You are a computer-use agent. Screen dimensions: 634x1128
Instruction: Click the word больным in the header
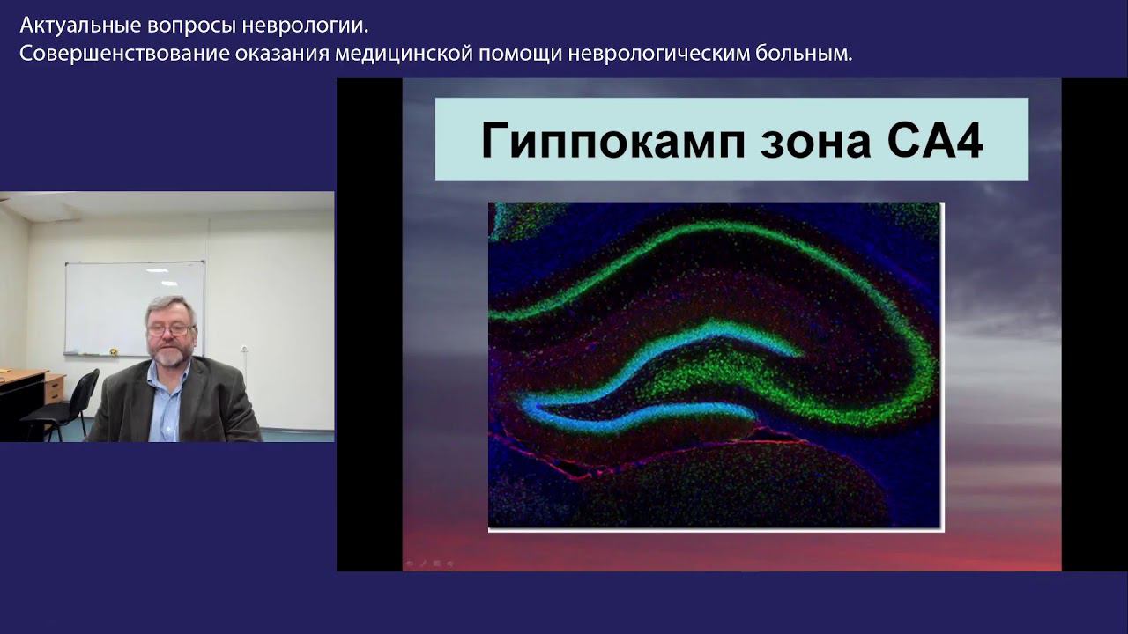(804, 54)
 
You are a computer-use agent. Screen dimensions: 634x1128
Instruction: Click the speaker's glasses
(171, 329)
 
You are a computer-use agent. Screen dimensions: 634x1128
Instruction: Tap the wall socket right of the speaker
(244, 348)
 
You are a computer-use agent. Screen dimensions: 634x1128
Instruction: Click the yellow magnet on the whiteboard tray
(114, 351)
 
